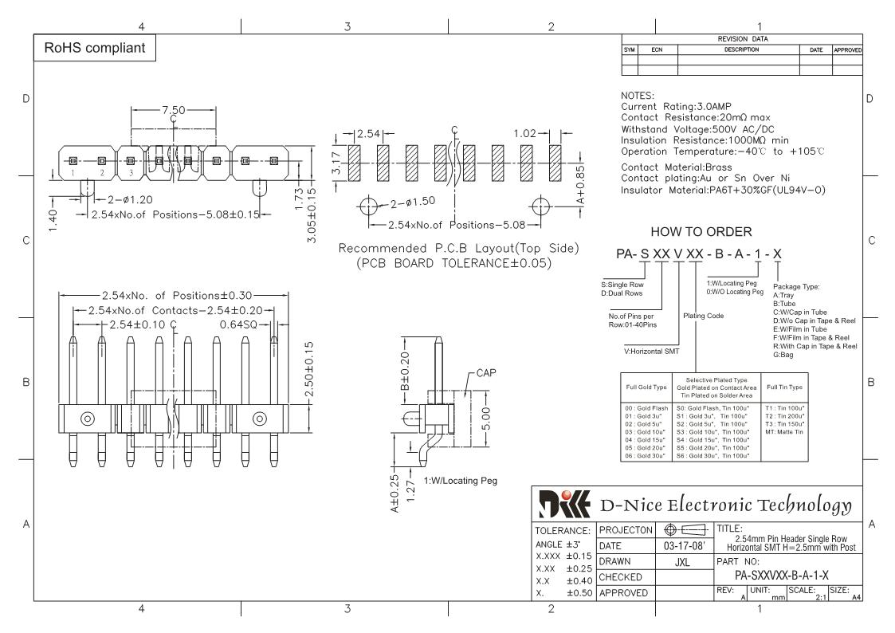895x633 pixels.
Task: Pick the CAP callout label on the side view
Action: pos(485,373)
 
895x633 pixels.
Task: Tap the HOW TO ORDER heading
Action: pos(701,232)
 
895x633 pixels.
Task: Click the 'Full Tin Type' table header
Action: pos(784,386)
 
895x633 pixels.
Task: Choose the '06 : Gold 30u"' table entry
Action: pos(645,455)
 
